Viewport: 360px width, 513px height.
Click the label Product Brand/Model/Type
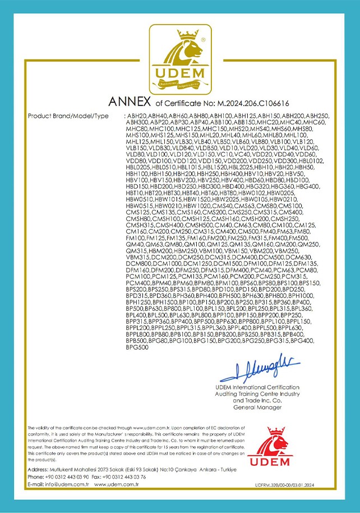click(x=68, y=116)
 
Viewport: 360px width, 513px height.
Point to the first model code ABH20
click(x=135, y=116)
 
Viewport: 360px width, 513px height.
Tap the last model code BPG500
click(x=137, y=347)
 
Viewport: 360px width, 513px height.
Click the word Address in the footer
click(x=37, y=469)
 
